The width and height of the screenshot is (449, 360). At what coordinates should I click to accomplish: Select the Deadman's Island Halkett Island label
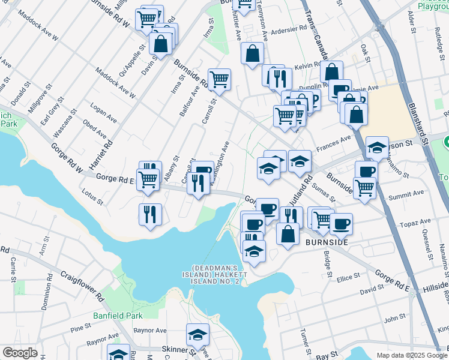click(215, 274)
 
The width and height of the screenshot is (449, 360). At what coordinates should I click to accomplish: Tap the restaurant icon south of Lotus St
click(150, 214)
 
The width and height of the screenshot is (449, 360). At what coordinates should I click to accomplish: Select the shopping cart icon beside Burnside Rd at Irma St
click(220, 79)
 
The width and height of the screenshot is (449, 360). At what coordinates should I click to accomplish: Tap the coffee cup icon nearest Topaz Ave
click(341, 223)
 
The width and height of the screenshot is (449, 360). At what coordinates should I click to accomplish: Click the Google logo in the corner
click(20, 353)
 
